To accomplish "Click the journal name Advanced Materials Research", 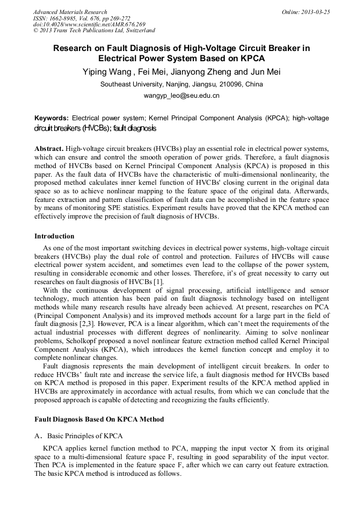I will tap(70, 12).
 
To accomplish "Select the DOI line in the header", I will tap(89, 24).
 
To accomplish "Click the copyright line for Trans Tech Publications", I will tap(94, 31).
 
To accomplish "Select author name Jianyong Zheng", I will tap(202, 72).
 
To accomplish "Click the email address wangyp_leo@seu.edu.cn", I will tap(181, 96).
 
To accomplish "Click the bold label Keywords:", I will tap(52, 118).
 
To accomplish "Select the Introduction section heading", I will tap(54, 236).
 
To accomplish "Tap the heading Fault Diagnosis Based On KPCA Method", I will tap(99, 419).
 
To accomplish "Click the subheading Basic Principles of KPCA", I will tap(85, 436).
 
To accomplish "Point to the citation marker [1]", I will tap(158, 282).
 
